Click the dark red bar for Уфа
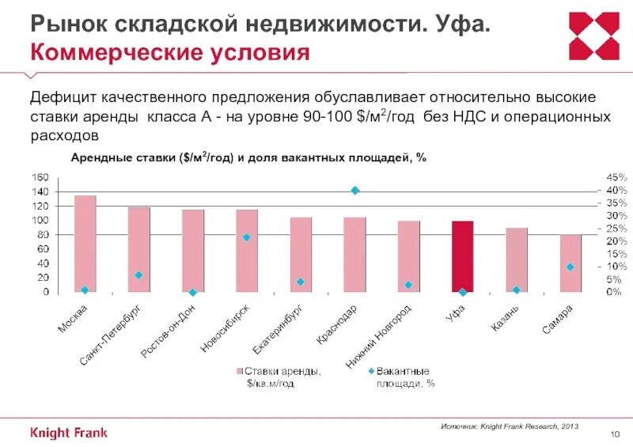[462, 257]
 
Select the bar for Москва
[85, 244]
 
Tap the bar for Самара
[570, 263]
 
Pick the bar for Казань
[516, 260]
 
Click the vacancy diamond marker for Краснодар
[355, 190]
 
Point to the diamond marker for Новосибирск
[247, 237]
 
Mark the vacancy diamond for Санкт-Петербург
[138, 275]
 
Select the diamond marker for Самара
[570, 267]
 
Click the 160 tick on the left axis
[40, 176]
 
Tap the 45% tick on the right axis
[595, 177]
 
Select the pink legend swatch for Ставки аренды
[237, 370]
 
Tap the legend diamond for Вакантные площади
[370, 370]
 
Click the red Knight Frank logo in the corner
[594, 36]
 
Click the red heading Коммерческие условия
[169, 55]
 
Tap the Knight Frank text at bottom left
[69, 433]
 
